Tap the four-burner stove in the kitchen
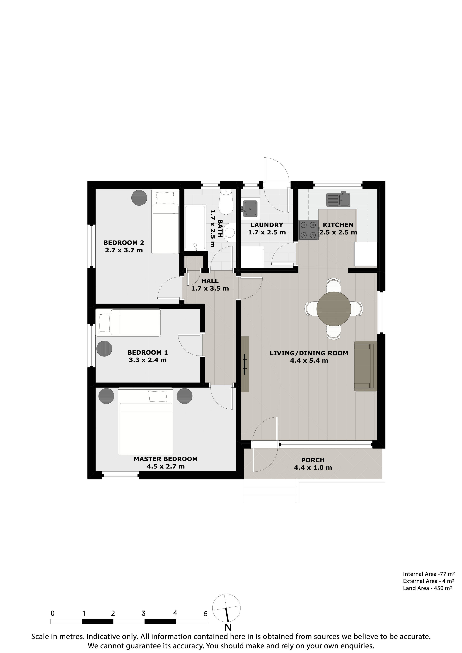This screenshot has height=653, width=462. [x=308, y=230]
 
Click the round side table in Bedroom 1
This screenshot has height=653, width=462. [x=104, y=348]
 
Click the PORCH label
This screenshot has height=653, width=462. [x=313, y=460]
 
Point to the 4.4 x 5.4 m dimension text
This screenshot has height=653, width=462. [x=309, y=361]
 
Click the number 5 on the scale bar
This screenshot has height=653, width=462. [x=205, y=614]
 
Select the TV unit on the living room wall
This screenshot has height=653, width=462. [x=245, y=364]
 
